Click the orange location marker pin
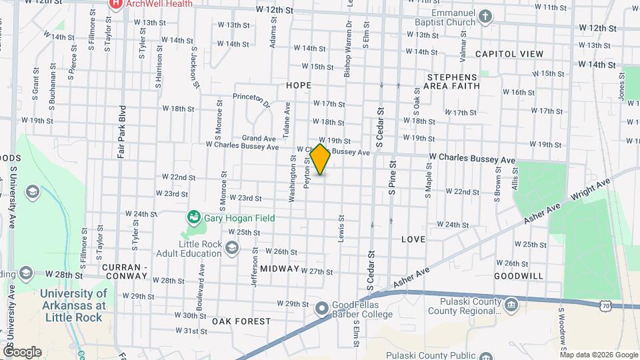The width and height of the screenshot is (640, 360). [321, 159]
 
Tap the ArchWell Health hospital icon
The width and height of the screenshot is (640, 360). [116, 4]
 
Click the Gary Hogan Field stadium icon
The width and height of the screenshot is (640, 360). [193, 217]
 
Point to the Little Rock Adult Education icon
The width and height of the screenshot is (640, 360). [232, 248]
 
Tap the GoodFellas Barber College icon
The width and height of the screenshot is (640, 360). [322, 307]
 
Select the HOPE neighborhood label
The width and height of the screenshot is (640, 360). [299, 85]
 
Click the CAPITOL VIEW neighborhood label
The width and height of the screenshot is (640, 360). [509, 53]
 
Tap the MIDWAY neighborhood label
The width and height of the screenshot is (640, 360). [279, 268]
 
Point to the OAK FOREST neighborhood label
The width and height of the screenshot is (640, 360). [241, 321]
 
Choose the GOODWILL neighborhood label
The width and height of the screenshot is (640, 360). [519, 275]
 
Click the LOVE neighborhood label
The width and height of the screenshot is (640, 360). [413, 239]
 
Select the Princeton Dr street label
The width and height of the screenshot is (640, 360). [252, 101]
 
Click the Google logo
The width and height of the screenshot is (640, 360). [21, 351]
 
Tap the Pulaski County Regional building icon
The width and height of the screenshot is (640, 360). [511, 306]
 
